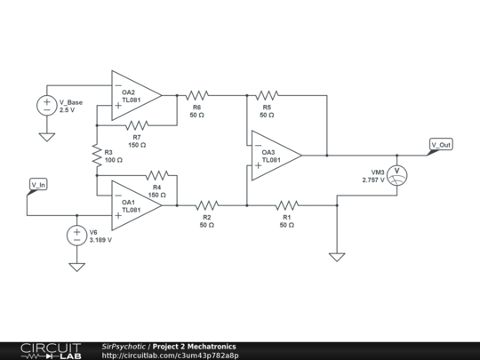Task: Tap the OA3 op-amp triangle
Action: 275,156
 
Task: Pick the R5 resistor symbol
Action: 266,93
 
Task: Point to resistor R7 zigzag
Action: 137,124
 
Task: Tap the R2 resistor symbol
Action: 206,204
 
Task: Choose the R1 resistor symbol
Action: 287,204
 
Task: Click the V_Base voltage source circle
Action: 47,105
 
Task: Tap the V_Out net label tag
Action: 440,145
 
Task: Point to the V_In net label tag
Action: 39,185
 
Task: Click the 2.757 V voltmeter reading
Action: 374,180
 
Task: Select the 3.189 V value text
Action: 100,240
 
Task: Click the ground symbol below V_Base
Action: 47,136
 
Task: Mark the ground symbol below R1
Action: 336,257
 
